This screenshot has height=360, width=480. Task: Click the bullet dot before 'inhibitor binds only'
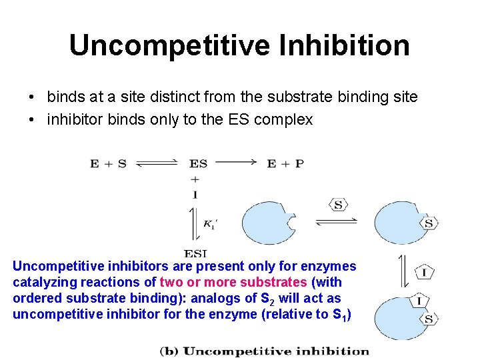(x=33, y=121)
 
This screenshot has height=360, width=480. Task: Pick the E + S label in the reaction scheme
(x=108, y=163)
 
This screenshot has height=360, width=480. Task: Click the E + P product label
(x=285, y=163)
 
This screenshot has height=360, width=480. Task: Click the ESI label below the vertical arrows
(x=195, y=253)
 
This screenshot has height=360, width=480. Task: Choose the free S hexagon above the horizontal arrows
(x=338, y=205)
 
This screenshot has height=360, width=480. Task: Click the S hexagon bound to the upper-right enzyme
(x=429, y=223)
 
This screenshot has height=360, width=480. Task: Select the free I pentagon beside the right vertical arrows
(x=425, y=271)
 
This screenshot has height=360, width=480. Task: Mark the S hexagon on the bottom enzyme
(x=429, y=319)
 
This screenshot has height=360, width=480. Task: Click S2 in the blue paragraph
(x=267, y=299)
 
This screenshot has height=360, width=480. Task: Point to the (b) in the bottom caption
(x=169, y=351)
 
